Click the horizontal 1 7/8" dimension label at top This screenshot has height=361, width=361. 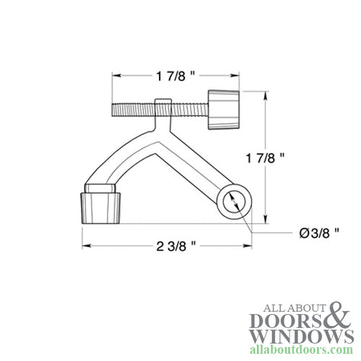click(x=173, y=74)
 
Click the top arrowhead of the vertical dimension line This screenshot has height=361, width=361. click(x=266, y=94)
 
